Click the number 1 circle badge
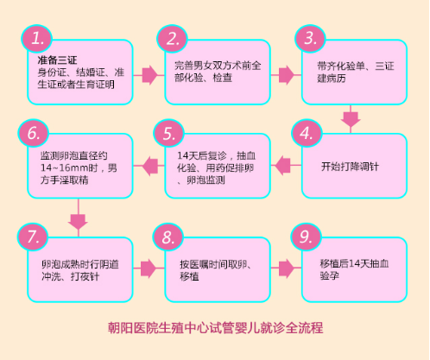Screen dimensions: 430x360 point(36,39)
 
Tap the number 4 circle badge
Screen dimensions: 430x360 point(307,133)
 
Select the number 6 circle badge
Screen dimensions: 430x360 point(34,133)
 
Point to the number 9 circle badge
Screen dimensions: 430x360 point(306,237)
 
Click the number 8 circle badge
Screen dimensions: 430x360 point(168,237)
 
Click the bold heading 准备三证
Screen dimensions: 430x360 point(57,60)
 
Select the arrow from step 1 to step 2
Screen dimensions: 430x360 point(149,75)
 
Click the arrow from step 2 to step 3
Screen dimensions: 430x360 point(286,75)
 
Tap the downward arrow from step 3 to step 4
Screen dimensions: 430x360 point(351,118)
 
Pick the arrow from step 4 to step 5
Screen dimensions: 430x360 point(286,166)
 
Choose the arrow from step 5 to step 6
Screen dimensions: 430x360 point(149,166)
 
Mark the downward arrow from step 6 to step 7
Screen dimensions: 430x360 point(78,218)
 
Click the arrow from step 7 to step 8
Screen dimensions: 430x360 point(149,268)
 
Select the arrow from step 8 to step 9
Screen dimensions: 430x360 point(286,268)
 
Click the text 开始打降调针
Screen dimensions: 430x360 point(350,167)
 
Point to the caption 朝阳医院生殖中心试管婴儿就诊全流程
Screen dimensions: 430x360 point(216,328)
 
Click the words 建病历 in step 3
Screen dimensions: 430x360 point(332,79)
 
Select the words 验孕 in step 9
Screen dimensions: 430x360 point(330,276)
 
